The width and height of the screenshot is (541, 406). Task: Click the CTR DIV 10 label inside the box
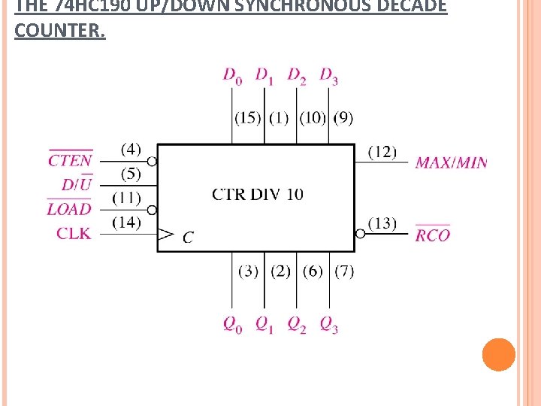coord(258,195)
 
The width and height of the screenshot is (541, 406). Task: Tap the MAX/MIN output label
coord(451,162)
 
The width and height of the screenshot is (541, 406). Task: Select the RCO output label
coord(433,235)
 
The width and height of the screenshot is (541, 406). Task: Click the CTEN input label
coord(71,159)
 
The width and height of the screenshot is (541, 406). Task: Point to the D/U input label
coord(77,184)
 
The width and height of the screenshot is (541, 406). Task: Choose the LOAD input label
coord(69,209)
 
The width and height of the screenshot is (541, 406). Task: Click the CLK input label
coord(74,233)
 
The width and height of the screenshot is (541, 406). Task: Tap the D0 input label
coord(232,75)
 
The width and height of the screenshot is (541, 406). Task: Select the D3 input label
coord(328,75)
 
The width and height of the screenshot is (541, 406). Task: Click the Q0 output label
coord(232,325)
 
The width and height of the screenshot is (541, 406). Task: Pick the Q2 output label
coord(297,325)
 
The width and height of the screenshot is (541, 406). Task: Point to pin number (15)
coord(248,117)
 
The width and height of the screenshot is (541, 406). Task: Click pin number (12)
coord(382,152)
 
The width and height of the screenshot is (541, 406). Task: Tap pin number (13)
coord(382,223)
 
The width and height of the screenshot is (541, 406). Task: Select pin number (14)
coord(126,222)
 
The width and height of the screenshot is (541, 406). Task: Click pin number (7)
coord(343,271)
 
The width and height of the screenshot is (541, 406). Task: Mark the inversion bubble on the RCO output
coord(360,234)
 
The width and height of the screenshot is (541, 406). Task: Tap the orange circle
coord(498,354)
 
